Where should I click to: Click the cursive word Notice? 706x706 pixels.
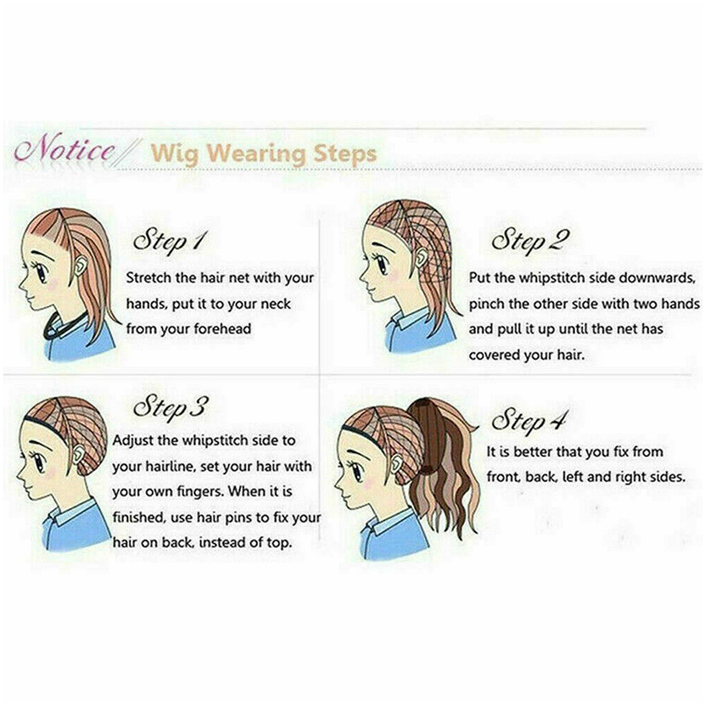[64, 150]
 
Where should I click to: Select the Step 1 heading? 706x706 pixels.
[169, 240]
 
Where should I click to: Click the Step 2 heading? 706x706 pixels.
[530, 240]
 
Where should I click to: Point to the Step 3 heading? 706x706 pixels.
[169, 407]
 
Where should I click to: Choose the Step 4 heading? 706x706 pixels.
[529, 420]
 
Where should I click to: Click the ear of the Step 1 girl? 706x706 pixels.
[80, 266]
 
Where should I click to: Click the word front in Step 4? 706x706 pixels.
[503, 477]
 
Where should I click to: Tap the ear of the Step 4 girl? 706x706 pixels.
[396, 462]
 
